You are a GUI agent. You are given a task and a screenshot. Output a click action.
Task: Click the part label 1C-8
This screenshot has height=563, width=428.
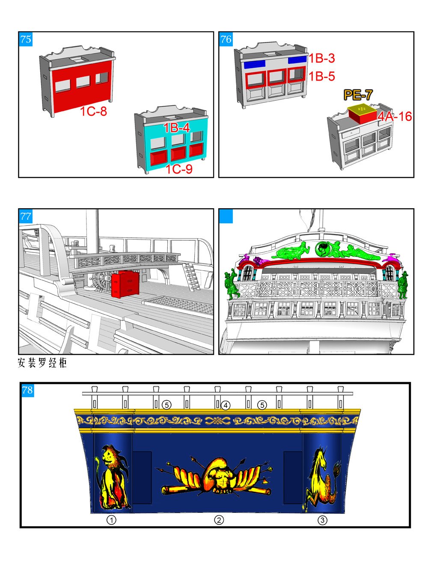(93, 111)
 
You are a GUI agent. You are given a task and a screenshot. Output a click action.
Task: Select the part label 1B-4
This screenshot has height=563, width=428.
(176, 128)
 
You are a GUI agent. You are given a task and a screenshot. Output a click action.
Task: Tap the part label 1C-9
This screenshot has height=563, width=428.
(179, 169)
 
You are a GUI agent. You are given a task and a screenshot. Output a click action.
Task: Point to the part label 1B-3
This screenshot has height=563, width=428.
(321, 58)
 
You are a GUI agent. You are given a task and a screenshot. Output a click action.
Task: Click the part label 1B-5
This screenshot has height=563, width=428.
(321, 76)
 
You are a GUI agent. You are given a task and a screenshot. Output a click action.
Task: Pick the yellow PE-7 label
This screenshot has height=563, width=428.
(358, 95)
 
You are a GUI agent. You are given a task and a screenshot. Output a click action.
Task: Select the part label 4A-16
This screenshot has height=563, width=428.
(395, 117)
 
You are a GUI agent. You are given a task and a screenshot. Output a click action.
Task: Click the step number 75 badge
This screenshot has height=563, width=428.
(26, 39)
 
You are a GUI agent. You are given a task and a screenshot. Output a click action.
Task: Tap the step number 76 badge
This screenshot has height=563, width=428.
(226, 39)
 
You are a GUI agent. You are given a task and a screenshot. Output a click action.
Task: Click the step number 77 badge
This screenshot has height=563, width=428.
(26, 216)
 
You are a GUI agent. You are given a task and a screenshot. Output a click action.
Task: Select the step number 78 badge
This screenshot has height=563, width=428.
(27, 390)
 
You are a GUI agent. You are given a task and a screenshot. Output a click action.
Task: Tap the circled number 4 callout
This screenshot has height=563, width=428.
(226, 405)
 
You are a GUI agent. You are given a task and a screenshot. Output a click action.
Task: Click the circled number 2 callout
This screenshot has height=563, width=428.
(219, 520)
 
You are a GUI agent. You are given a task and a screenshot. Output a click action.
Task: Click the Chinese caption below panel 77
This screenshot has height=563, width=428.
(42, 363)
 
